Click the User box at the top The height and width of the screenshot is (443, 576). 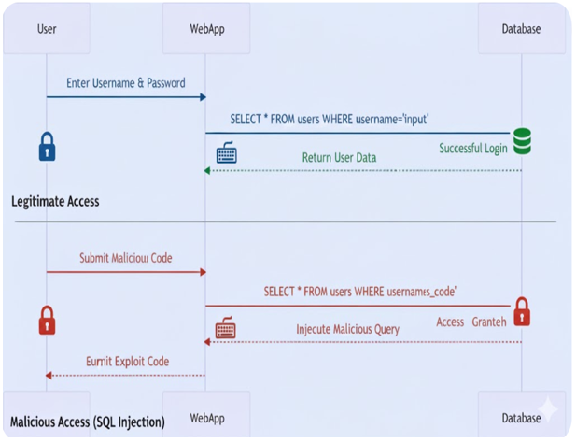(x=47, y=29)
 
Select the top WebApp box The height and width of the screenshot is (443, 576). (x=206, y=29)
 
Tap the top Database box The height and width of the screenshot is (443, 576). (x=522, y=29)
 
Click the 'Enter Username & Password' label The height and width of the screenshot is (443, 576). (x=126, y=83)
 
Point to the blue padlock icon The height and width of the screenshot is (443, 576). (x=47, y=147)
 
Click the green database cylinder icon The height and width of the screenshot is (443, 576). (x=522, y=141)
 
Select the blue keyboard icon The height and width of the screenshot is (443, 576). (x=226, y=151)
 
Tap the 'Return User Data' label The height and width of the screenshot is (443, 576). (x=339, y=157)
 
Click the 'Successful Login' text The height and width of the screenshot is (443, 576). (x=473, y=149)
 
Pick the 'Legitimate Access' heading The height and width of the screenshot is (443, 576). (x=55, y=201)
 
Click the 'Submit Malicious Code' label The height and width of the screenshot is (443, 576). (x=126, y=258)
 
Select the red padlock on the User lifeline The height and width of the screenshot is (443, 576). (x=47, y=321)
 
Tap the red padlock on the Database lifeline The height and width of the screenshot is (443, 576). (x=522, y=311)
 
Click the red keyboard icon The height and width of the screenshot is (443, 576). (x=226, y=327)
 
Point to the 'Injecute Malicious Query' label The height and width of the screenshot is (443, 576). (x=347, y=329)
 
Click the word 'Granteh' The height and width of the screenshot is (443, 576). (x=489, y=322)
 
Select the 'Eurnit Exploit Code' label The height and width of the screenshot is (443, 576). (x=128, y=362)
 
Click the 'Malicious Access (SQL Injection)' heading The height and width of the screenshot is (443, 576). (x=88, y=422)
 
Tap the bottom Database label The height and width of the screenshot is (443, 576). (x=521, y=418)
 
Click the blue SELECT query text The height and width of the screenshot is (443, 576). (x=330, y=119)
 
